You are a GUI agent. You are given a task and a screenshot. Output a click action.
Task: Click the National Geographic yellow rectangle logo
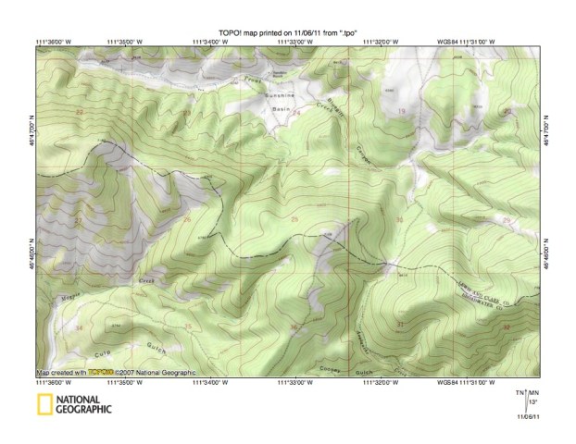point(44,404)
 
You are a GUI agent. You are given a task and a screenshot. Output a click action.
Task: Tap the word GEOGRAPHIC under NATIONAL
point(82,409)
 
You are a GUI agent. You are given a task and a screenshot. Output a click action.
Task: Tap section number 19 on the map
point(401,112)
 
